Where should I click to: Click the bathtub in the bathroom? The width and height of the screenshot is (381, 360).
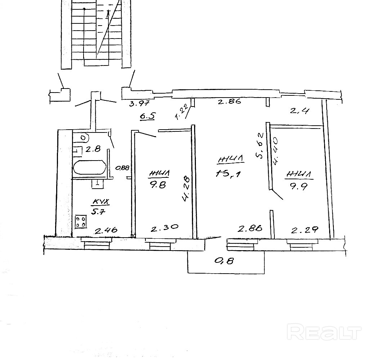click(89, 168)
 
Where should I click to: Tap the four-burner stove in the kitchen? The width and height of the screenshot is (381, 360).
click(80, 221)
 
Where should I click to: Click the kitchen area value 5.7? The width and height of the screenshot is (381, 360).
click(97, 211)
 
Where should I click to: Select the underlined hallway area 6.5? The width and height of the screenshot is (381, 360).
click(148, 116)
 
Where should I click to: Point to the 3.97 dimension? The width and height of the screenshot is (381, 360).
click(139, 104)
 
